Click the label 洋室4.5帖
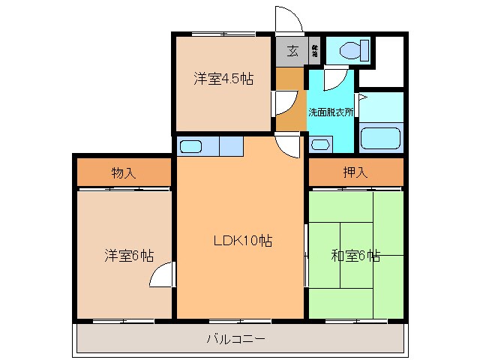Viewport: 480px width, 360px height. [x=223, y=79]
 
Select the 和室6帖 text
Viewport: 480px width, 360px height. [x=355, y=256]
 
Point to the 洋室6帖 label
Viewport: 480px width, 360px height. [x=128, y=256]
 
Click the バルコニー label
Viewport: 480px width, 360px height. [x=235, y=339]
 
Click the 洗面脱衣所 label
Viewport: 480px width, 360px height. [x=331, y=112]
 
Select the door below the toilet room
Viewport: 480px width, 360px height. [x=334, y=78]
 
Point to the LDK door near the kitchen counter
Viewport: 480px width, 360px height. [x=289, y=145]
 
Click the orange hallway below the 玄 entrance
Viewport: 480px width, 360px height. [x=290, y=98]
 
